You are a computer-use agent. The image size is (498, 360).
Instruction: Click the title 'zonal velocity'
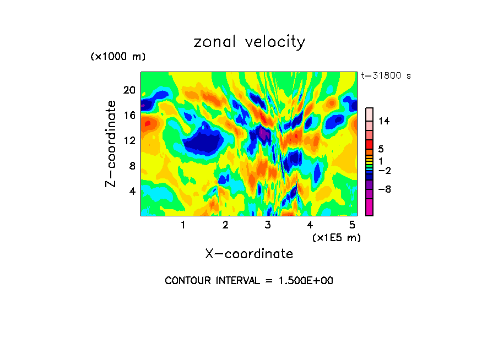coord(249,42)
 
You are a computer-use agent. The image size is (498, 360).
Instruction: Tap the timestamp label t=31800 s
coord(386,76)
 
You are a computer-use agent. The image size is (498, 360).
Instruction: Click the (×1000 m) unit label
coord(118,57)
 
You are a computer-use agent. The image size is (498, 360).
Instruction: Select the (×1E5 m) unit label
coord(336,237)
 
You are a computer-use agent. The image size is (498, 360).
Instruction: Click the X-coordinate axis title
coord(249,254)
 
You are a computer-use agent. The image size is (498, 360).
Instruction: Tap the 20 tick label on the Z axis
coord(129,90)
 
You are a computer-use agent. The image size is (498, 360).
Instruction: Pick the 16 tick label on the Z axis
coord(129,115)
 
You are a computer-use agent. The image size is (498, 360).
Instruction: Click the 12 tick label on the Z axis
coord(129,140)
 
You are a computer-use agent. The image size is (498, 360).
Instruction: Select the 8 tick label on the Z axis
coord(132,166)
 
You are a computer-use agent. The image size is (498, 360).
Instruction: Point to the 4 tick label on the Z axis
coord(132,191)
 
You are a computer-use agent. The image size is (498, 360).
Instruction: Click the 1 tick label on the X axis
coord(183,225)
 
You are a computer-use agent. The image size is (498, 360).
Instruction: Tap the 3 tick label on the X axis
coord(268,225)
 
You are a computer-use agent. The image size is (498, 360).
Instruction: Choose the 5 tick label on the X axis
coord(352,225)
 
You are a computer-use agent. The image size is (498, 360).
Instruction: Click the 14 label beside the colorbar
coord(384,121)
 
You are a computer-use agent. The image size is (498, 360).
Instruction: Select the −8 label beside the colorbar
coord(384,189)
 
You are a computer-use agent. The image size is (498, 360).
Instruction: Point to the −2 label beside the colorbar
coord(384,171)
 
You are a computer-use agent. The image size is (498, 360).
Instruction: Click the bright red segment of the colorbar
coord(369,144)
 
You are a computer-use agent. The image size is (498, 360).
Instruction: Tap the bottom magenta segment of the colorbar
coord(369,208)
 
